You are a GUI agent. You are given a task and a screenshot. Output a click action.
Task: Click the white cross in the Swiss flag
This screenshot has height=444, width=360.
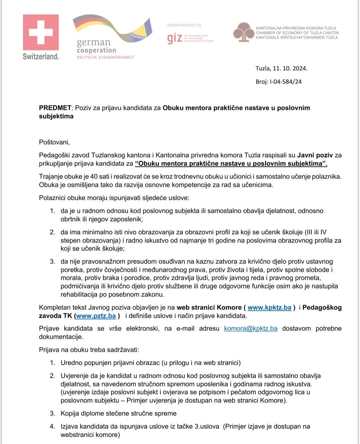tap(41, 32)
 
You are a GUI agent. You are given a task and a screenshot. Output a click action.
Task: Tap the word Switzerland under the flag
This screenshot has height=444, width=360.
tap(41, 56)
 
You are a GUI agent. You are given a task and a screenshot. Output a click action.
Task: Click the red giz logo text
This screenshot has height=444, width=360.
tap(175, 38)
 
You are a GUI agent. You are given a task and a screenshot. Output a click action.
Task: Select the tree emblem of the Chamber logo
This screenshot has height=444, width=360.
tap(243, 32)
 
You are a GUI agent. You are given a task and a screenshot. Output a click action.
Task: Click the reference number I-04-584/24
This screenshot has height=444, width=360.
tap(285, 82)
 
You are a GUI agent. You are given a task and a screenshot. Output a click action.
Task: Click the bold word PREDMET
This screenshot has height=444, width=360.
tap(55, 108)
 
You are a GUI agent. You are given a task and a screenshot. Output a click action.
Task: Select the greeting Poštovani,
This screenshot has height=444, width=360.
tap(54, 142)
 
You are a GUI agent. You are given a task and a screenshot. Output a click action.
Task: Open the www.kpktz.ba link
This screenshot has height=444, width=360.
tap(269, 307)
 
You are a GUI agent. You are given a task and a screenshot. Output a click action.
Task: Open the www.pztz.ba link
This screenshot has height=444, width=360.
tap(96, 316)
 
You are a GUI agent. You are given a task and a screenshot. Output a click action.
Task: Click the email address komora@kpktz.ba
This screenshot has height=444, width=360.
tap(251, 328)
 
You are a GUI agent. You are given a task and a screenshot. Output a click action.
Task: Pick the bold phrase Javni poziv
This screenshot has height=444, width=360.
tap(315, 155)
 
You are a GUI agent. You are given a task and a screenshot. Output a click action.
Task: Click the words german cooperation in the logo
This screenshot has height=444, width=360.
tap(96, 46)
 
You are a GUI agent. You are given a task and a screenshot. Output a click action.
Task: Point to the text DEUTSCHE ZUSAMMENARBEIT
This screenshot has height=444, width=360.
tap(105, 57)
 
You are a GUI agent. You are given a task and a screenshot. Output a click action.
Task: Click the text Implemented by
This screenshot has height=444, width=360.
tap(184, 25)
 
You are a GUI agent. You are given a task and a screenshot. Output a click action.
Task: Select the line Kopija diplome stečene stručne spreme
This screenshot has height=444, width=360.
tap(118, 413)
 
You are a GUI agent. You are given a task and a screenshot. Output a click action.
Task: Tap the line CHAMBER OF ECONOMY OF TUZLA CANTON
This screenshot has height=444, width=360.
tap(297, 33)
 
